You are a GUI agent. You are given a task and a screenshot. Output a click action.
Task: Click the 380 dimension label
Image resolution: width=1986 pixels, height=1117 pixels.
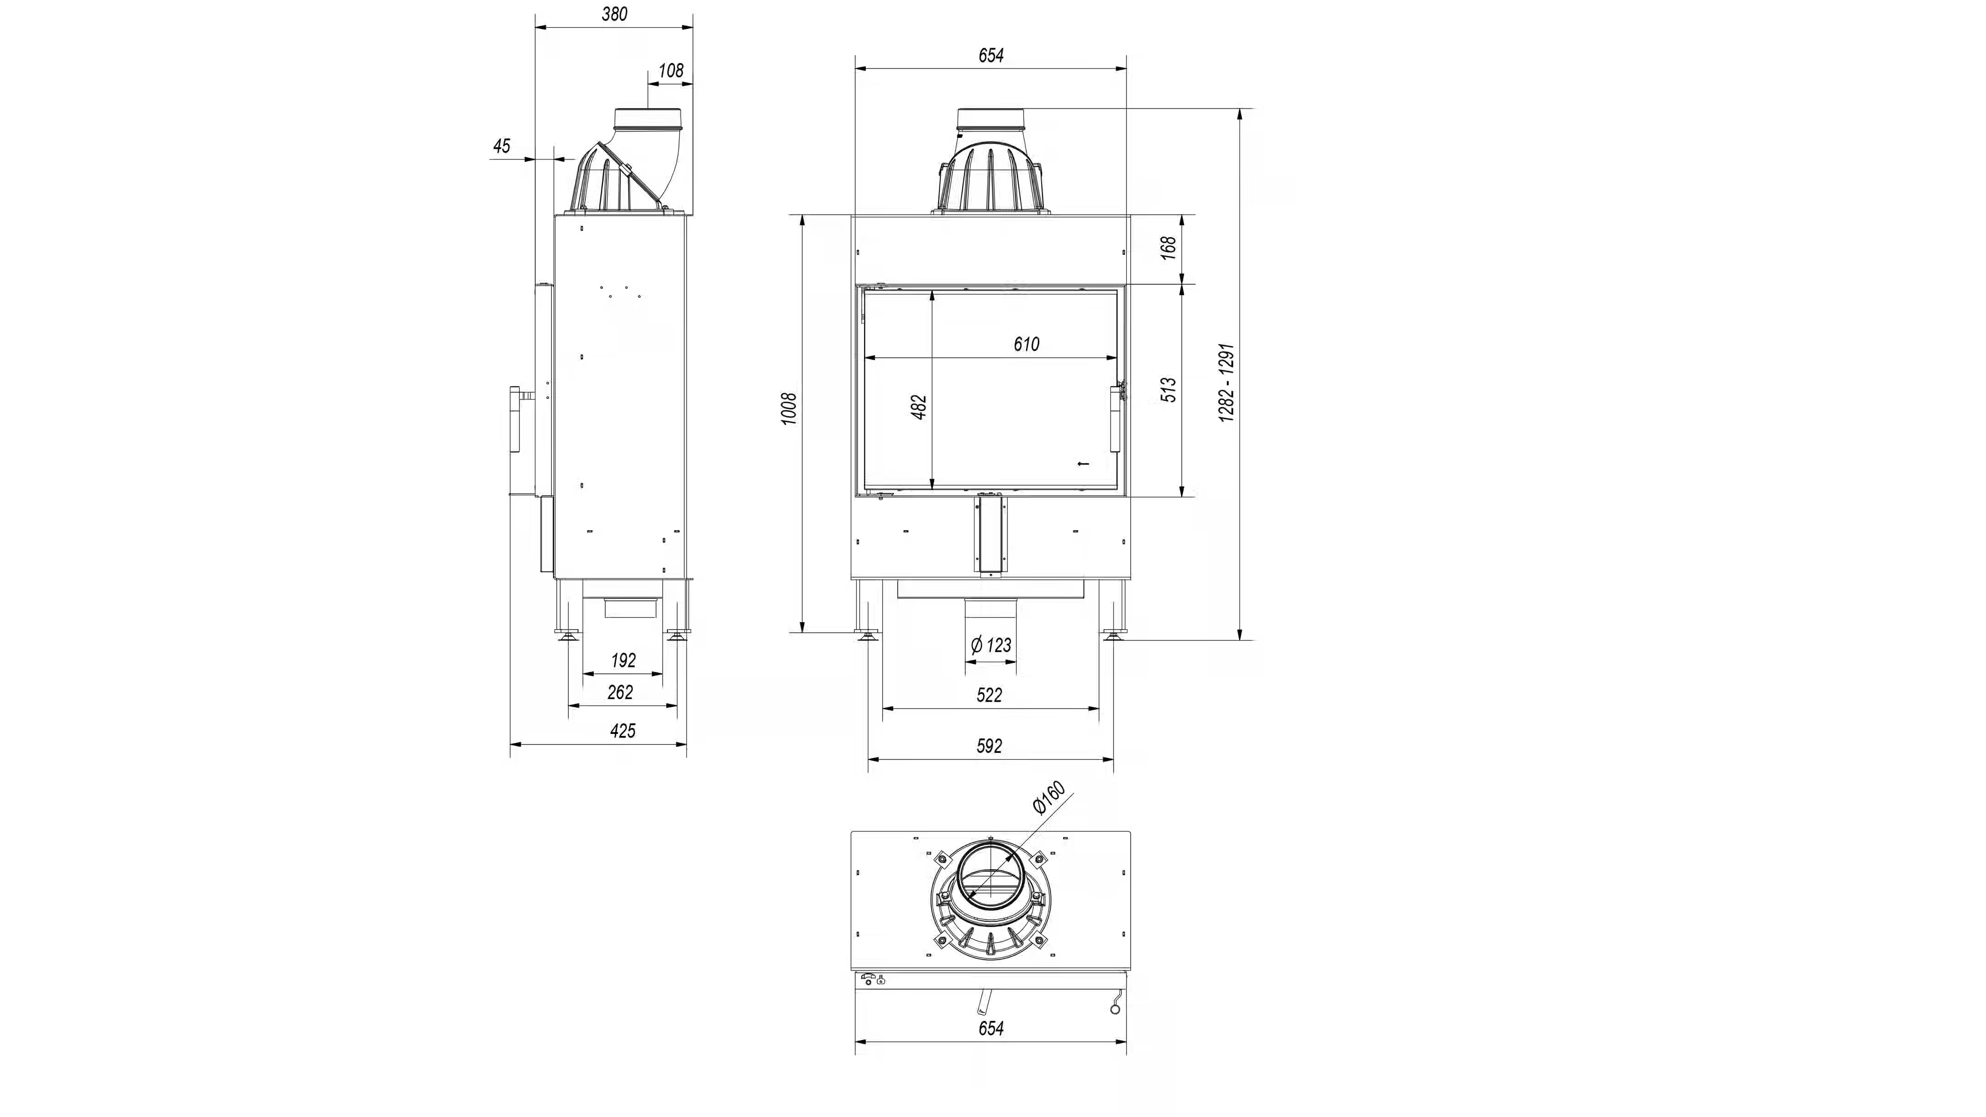tap(614, 14)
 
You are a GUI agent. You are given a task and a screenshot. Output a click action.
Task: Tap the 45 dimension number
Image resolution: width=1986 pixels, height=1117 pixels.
tap(502, 146)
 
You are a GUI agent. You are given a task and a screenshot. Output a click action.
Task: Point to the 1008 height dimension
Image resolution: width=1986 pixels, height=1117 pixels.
tap(789, 408)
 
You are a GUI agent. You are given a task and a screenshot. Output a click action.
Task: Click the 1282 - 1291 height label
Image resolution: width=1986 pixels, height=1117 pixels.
tap(1227, 383)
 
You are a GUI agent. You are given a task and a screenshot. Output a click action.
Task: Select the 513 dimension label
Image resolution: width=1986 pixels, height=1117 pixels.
tap(1169, 390)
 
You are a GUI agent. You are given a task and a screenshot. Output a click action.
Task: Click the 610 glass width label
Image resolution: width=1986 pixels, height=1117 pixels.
tap(1026, 344)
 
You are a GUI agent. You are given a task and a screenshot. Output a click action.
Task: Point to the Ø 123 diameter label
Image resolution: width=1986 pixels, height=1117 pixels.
tap(991, 644)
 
